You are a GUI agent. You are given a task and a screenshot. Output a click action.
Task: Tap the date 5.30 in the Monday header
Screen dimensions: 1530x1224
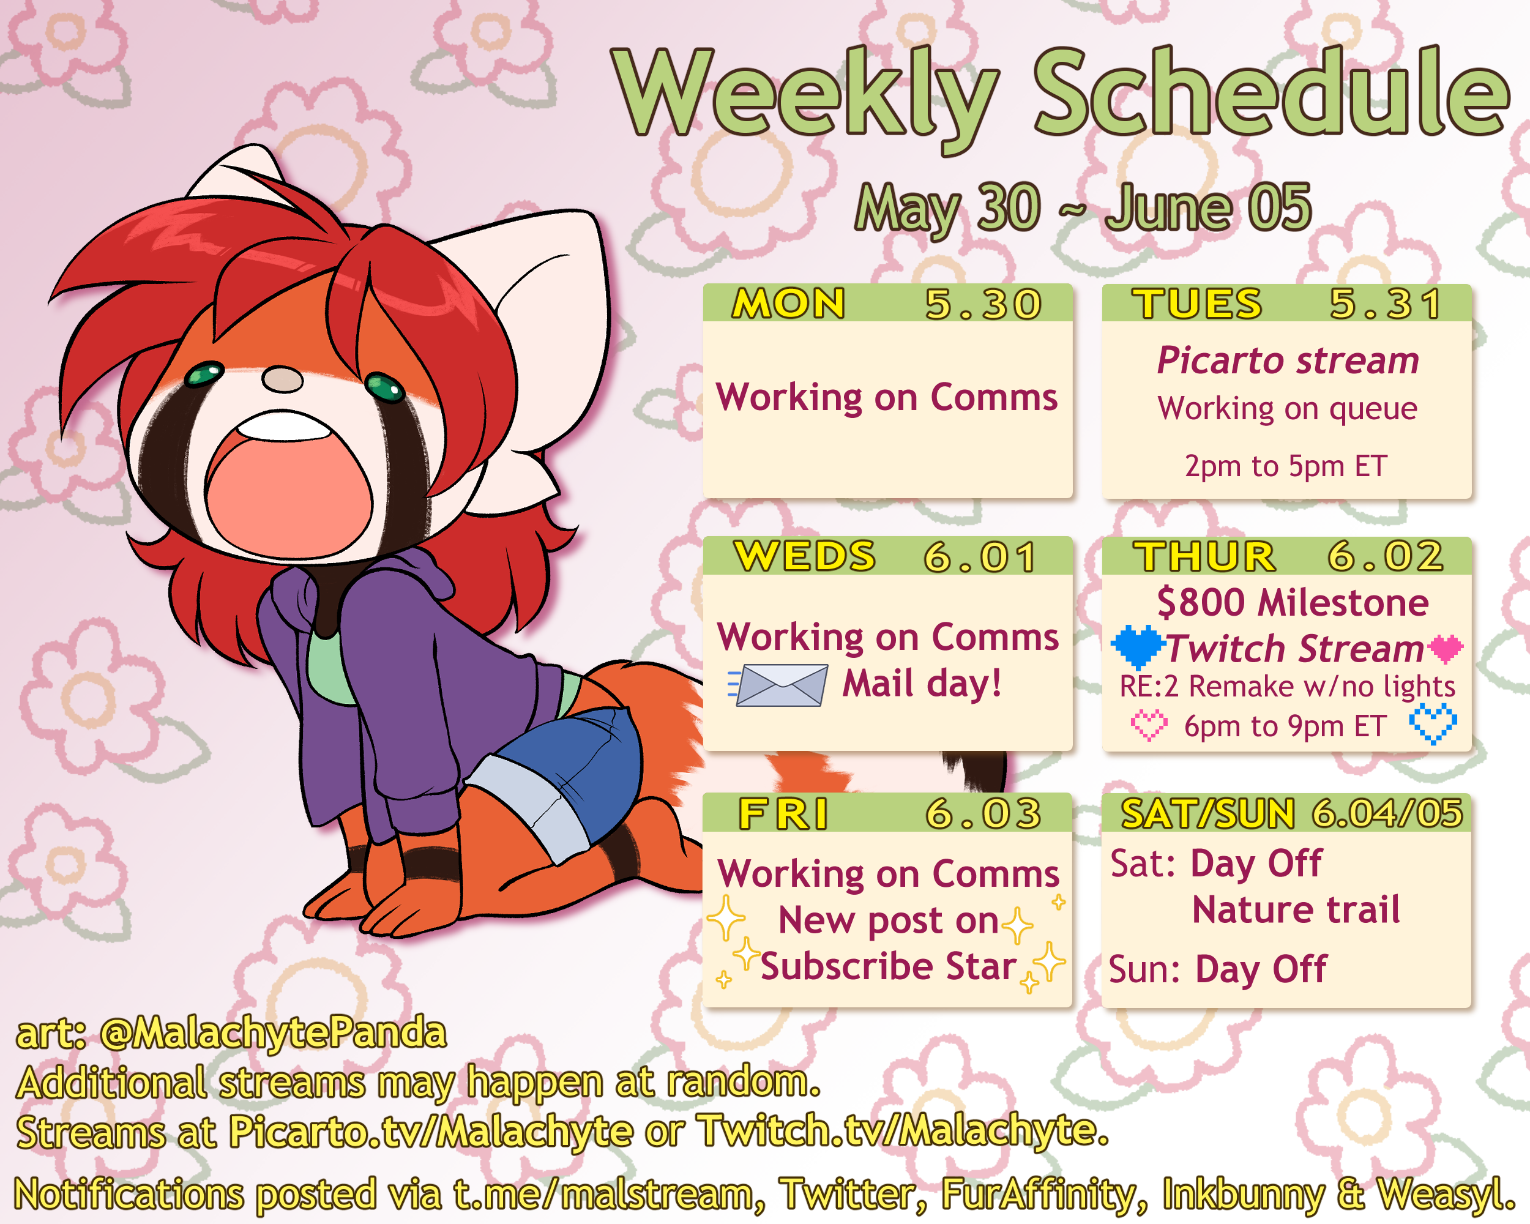click(983, 304)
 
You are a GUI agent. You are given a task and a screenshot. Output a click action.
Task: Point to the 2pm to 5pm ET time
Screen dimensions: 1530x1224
click(1286, 466)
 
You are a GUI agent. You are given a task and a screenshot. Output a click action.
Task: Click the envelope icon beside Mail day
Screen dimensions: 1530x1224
click(778, 685)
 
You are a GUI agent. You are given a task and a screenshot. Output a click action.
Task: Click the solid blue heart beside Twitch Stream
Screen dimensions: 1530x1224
click(1138, 646)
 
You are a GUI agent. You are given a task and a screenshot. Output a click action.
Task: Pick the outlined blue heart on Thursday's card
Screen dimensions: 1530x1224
click(1433, 724)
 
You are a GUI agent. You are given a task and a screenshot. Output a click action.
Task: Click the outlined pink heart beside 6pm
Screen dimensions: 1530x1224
click(1148, 725)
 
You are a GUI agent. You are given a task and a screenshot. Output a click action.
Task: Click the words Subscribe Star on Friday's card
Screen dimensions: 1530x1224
click(889, 966)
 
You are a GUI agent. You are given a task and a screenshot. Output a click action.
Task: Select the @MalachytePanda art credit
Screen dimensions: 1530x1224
click(273, 1033)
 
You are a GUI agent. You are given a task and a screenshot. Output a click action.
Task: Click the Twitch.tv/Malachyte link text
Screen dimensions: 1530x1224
click(903, 1131)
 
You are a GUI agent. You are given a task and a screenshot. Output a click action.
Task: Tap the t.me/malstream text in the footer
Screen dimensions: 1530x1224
click(603, 1194)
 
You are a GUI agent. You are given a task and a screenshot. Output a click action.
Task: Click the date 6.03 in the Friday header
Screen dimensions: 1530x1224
click(983, 813)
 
